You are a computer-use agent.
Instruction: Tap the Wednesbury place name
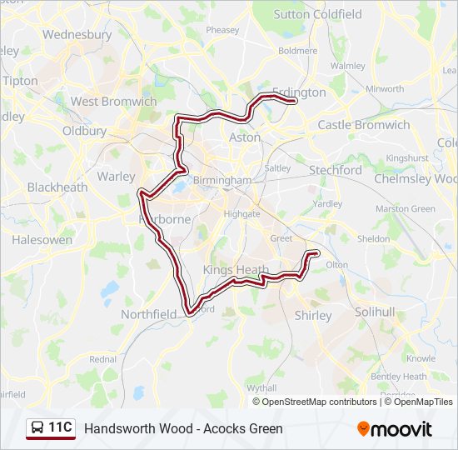(77, 35)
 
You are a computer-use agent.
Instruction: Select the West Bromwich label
(113, 102)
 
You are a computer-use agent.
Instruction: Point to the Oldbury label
(84, 131)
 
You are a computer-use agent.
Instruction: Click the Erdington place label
(299, 92)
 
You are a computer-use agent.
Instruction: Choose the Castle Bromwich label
(364, 125)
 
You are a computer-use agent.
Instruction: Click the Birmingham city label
(222, 180)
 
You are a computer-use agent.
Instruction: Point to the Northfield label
(149, 314)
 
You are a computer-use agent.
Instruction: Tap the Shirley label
(313, 316)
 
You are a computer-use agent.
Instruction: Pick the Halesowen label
(42, 240)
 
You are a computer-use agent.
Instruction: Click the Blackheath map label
(57, 187)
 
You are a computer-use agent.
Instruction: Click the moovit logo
(395, 429)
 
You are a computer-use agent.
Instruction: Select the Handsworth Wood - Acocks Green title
(183, 429)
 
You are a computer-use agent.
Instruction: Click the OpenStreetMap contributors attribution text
(320, 402)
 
